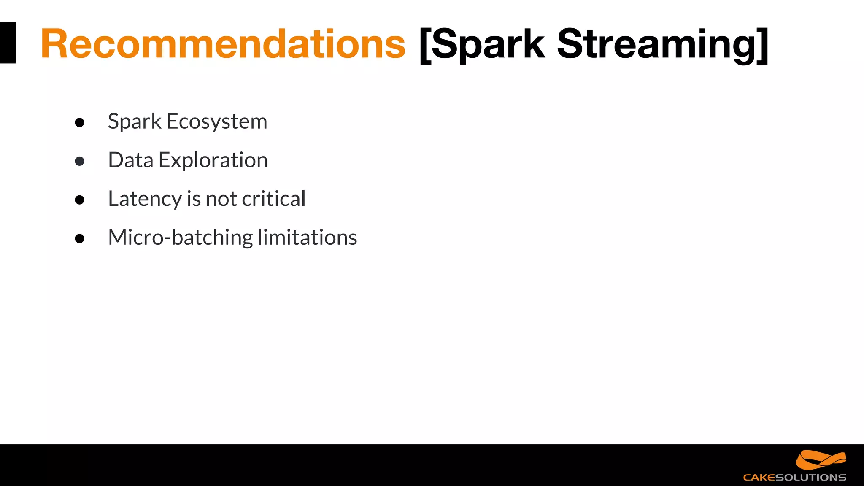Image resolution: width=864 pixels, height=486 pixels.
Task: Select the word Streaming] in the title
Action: [662, 44]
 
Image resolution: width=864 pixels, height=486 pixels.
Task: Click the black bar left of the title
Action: [8, 43]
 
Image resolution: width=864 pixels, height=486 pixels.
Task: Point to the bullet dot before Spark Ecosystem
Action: [79, 122]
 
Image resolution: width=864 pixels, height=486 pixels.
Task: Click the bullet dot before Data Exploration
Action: [79, 161]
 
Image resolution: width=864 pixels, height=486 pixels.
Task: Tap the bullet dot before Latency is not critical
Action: [79, 200]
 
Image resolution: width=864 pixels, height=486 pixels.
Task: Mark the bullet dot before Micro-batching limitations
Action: [79, 238]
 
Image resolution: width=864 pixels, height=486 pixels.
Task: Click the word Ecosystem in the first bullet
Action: [217, 122]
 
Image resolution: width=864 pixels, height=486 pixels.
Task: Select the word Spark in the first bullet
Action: [134, 122]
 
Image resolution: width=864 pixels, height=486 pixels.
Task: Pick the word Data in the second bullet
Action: [130, 160]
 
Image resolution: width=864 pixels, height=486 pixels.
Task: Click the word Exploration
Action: [213, 160]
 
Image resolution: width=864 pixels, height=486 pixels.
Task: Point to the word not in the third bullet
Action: [221, 199]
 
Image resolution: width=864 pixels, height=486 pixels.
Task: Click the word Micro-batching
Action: [180, 238]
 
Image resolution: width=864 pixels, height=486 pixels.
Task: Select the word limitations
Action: [308, 238]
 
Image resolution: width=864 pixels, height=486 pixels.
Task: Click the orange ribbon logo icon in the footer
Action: [821, 460]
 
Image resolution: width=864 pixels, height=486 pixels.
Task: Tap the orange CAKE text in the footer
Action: [759, 478]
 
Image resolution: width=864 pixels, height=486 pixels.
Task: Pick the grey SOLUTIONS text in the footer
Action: [811, 478]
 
